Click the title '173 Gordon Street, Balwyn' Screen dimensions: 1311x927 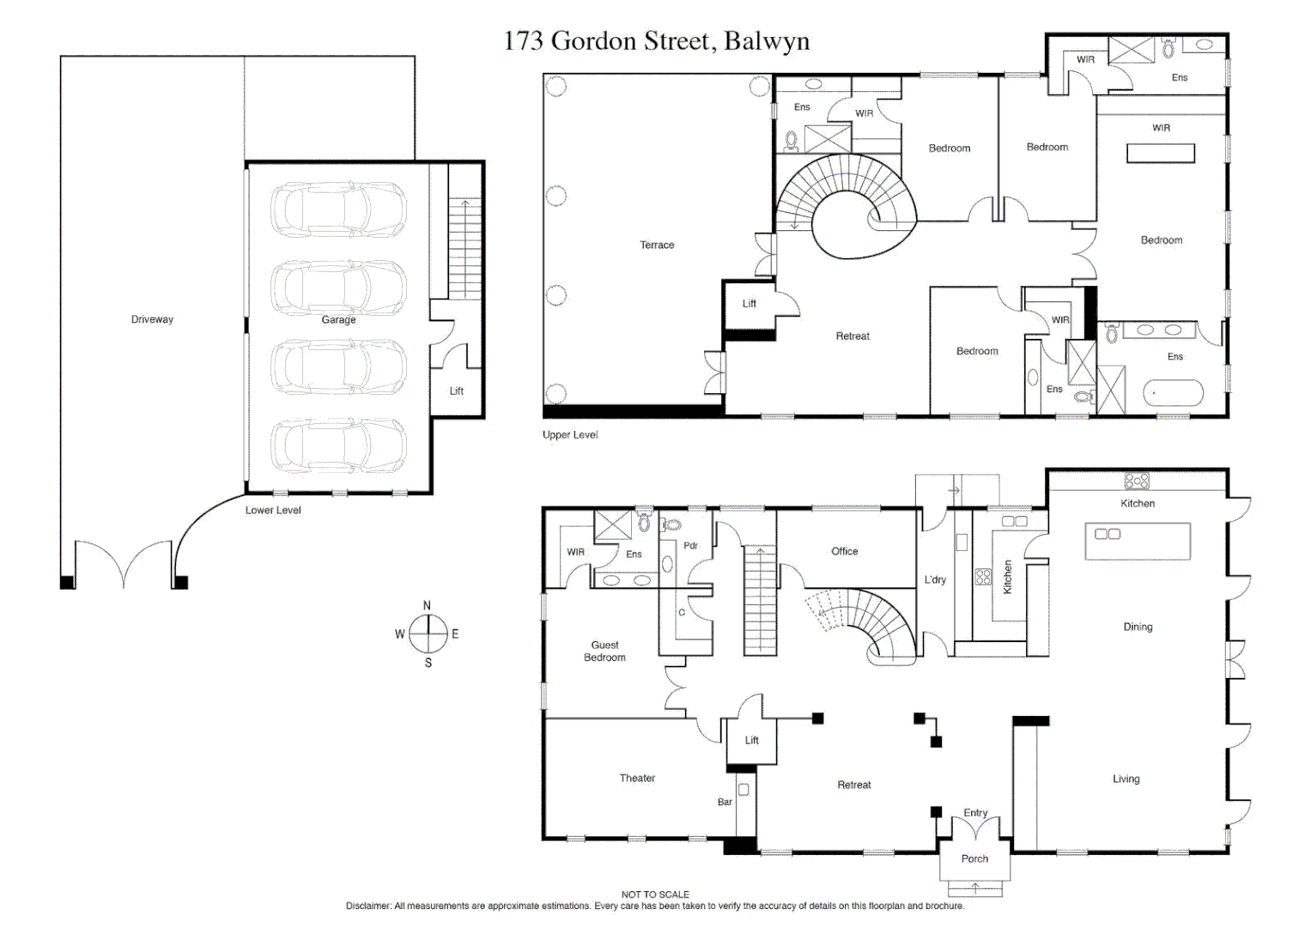coord(656,41)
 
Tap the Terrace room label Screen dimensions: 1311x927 coord(657,245)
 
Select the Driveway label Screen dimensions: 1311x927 coord(152,319)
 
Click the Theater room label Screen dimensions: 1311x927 coord(637,779)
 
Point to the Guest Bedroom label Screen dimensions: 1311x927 coord(604,651)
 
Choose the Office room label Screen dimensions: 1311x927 coord(844,552)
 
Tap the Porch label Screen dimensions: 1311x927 coord(974,859)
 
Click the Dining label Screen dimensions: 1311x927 coord(1138,627)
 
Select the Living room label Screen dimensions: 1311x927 coord(1126,779)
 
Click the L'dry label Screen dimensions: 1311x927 coord(935,580)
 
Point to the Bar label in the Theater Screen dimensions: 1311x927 coord(725,803)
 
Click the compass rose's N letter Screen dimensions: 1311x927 coord(428,606)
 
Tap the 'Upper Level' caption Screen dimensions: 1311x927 coord(570,435)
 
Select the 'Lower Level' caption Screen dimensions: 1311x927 coord(273,511)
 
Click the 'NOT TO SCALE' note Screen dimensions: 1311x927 coord(655,894)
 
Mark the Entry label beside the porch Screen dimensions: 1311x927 coord(975,813)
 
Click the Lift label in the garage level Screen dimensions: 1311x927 coord(457,391)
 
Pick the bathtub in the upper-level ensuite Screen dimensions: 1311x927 coord(1173,393)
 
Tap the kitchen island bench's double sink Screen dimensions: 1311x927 coord(1108,534)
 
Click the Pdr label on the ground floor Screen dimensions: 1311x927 coord(690,546)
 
